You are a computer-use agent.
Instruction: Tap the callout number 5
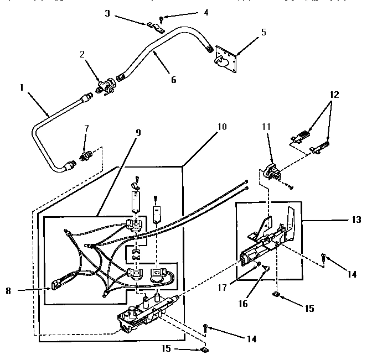(263, 32)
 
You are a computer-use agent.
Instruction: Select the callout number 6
(173, 80)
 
